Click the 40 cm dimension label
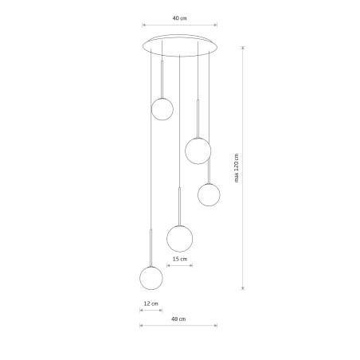pos(180,18)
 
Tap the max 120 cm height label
pos(237,168)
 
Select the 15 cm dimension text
pos(180,259)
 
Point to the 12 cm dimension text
pos(151,303)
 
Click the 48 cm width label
pos(178,319)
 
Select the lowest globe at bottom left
pos(151,278)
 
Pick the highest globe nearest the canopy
pos(162,109)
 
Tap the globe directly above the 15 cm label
pos(180,238)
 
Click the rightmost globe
pos(209,194)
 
